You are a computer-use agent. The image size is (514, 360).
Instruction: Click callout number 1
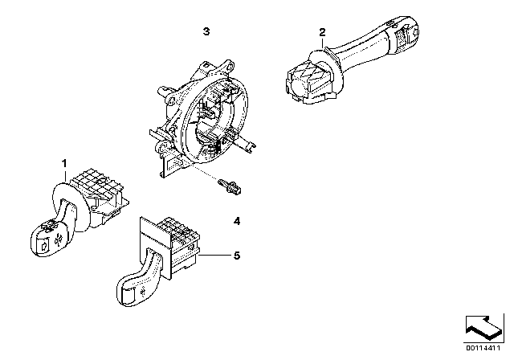coord(64,163)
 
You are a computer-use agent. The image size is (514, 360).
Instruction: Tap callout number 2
coord(323,32)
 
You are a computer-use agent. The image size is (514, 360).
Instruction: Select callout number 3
coord(206,31)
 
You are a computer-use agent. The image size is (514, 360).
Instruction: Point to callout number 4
coord(237,221)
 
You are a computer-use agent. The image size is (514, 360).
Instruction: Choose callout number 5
coord(237,256)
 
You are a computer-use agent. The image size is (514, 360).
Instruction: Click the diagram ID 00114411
coord(483,348)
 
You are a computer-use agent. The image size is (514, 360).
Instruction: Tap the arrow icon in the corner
coord(484,328)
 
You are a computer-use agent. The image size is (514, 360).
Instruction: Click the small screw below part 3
coord(230,186)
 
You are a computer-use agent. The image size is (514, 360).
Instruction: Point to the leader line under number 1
coord(65,176)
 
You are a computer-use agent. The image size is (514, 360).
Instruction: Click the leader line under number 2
coord(323,43)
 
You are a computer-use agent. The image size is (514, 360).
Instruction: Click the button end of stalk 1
coord(46,239)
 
